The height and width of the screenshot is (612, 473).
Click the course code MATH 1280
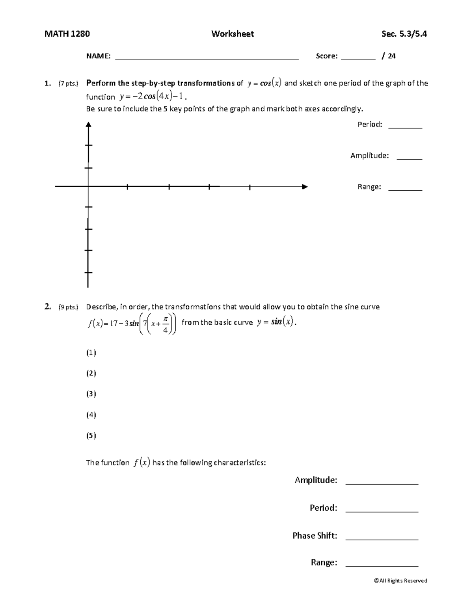tap(67, 34)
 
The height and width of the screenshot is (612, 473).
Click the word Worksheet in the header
tap(233, 34)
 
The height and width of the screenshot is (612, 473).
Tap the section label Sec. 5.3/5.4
tap(404, 34)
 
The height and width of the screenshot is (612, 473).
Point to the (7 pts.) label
tap(68, 83)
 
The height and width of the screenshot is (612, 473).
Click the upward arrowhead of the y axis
tap(89, 125)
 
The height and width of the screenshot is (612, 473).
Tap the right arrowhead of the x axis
tap(304, 187)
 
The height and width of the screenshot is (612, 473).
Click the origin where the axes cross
tap(88, 186)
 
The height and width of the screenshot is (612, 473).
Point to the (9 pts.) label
tap(68, 307)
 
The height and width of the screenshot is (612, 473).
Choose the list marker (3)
tap(91, 394)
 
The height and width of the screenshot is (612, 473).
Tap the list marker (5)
tap(91, 435)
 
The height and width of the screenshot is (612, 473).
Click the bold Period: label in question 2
tap(323, 508)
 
